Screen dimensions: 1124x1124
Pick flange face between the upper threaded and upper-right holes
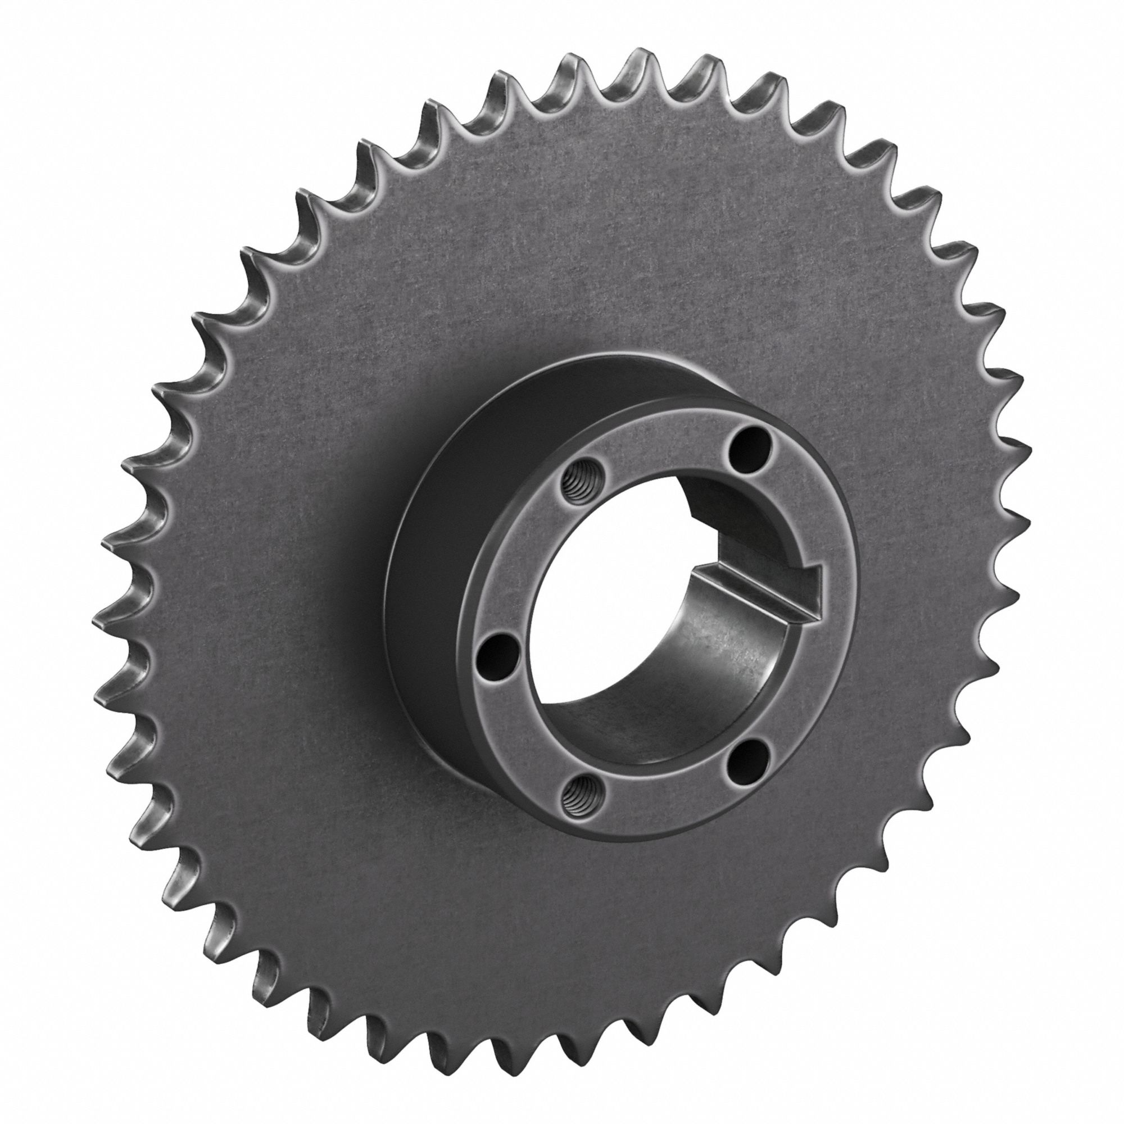point(658,442)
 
